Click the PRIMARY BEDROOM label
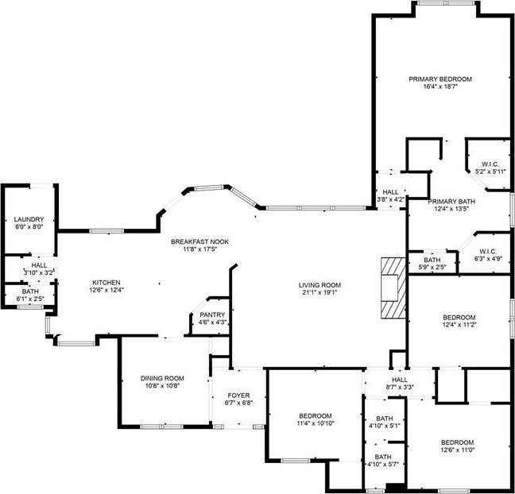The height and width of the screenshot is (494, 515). point(440,79)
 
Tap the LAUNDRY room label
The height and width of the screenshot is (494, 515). point(29,219)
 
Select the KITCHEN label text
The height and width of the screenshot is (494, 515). point(106,282)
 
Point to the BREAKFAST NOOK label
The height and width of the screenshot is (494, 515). point(199,242)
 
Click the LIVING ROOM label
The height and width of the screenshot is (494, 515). point(319,285)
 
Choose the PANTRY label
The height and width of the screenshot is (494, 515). point(212,315)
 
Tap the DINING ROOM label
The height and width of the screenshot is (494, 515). point(162,378)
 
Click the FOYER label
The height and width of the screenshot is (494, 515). point(238,396)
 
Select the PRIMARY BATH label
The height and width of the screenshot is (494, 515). point(451,202)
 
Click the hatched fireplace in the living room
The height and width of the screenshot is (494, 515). point(393,288)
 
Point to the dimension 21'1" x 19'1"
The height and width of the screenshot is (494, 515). point(319,292)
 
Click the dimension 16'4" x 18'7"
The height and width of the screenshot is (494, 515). point(440,87)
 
